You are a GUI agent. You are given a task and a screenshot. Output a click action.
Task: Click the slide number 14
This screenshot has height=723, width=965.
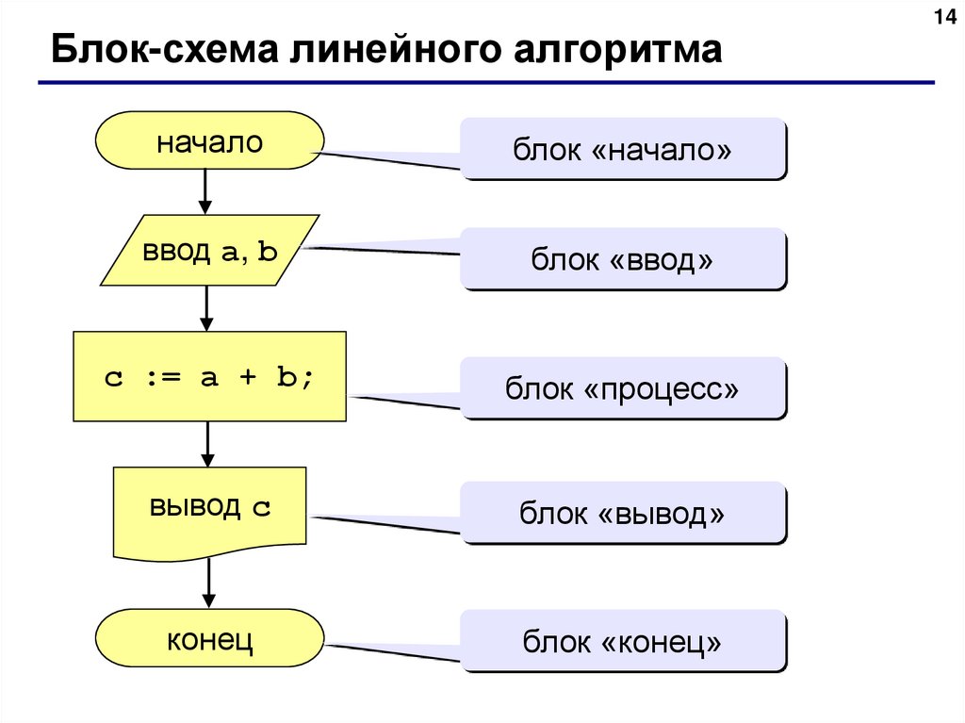(x=944, y=18)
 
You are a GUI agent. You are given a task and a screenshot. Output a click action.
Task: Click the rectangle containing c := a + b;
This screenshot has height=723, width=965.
(x=209, y=376)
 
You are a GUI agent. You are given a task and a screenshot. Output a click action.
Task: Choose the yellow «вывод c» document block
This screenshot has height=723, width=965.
(x=209, y=509)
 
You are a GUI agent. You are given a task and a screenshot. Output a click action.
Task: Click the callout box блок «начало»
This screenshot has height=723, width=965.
(x=622, y=148)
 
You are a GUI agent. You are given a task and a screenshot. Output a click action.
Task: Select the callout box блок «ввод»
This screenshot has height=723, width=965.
(x=622, y=258)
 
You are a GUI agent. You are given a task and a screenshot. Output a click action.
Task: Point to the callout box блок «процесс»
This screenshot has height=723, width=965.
(x=622, y=387)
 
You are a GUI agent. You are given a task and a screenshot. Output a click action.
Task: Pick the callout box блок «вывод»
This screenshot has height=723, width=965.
(x=622, y=513)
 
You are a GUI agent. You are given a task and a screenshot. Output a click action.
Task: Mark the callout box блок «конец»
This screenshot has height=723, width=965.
(x=622, y=641)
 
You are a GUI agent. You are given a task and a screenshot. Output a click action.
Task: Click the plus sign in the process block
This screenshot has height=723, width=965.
(x=248, y=377)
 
